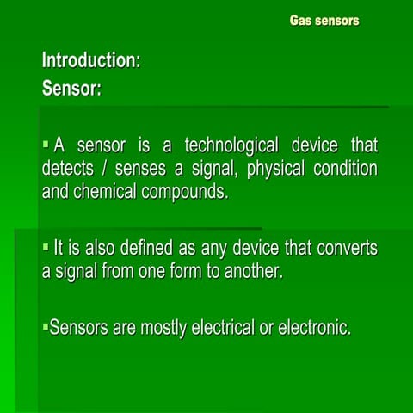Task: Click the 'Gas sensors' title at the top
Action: pos(324,20)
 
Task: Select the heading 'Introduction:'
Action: pos(91,61)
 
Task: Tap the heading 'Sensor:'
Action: pos(71,89)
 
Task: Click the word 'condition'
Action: pos(344,168)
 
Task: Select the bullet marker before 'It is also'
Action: pos(46,247)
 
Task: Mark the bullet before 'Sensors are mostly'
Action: pos(46,326)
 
